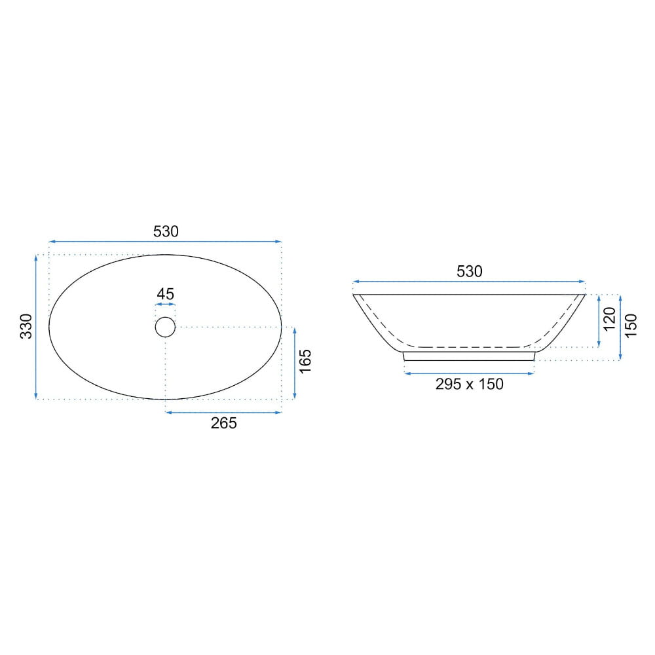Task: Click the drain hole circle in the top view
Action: click(x=165, y=317)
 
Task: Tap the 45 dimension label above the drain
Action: click(x=166, y=294)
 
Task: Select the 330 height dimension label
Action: click(x=26, y=326)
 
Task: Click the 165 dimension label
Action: click(x=305, y=362)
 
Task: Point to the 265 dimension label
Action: click(x=224, y=423)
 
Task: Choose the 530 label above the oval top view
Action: click(x=166, y=231)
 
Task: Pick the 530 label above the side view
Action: click(x=470, y=272)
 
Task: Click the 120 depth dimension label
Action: click(x=610, y=319)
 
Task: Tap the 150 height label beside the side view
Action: click(x=631, y=326)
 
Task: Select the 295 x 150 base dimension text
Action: click(x=470, y=384)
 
